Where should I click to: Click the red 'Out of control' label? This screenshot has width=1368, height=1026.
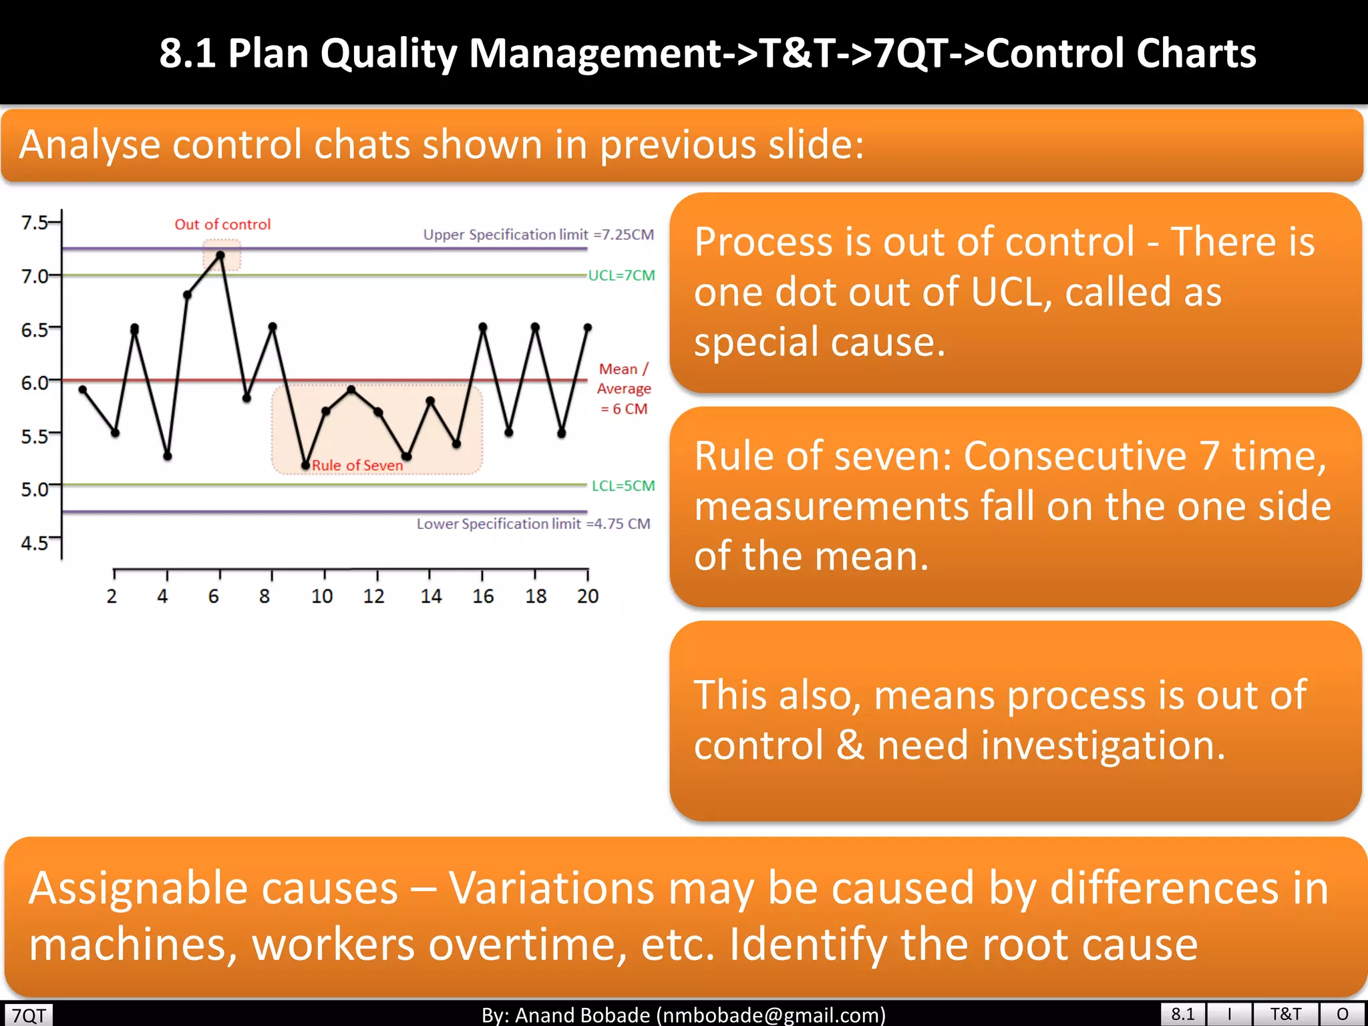click(222, 224)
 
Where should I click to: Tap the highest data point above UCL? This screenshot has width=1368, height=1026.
click(220, 255)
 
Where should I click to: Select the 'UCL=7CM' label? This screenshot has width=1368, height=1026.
click(621, 275)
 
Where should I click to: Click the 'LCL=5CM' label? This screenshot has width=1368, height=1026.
click(623, 486)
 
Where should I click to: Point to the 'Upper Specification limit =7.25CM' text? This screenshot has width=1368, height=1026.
click(538, 234)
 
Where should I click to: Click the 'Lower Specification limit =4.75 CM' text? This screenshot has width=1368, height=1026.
click(533, 524)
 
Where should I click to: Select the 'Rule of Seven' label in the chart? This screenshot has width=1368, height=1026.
click(357, 465)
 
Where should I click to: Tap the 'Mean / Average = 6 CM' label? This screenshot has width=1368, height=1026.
click(623, 389)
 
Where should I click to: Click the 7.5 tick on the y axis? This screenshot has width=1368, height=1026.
click(35, 222)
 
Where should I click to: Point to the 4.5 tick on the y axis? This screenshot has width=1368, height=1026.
click(35, 542)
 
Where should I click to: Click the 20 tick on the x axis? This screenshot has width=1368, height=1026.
click(588, 596)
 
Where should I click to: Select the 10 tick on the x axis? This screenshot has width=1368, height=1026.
click(322, 596)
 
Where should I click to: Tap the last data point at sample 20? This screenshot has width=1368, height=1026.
click(588, 327)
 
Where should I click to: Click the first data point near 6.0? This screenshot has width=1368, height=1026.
click(83, 389)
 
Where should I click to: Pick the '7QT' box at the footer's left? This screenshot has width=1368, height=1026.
click(29, 1015)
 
